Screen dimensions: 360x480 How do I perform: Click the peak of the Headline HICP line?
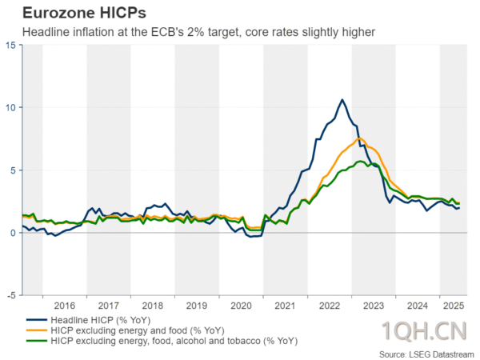pos(342,100)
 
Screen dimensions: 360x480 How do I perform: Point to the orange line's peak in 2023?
pos(360,138)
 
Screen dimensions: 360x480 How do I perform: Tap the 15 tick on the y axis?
pos(10,45)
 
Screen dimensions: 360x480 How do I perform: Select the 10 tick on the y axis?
pos(10,107)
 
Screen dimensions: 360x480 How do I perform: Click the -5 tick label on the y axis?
pos(11,295)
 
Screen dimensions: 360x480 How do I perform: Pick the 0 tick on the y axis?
pos(14,233)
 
